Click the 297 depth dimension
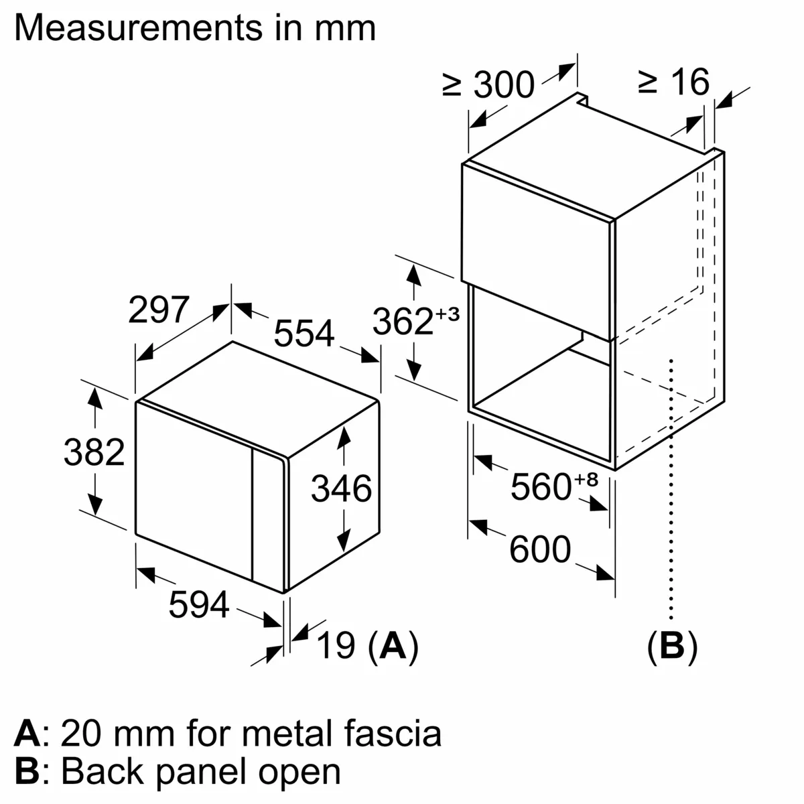click(159, 310)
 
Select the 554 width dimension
click(304, 333)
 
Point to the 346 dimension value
click(341, 488)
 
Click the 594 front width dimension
click(198, 605)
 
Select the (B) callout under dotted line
click(671, 647)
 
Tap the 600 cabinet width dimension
click(540, 550)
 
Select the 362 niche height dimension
click(403, 321)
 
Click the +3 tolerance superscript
click(448, 314)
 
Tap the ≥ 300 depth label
click(488, 84)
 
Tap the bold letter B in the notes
click(27, 771)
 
